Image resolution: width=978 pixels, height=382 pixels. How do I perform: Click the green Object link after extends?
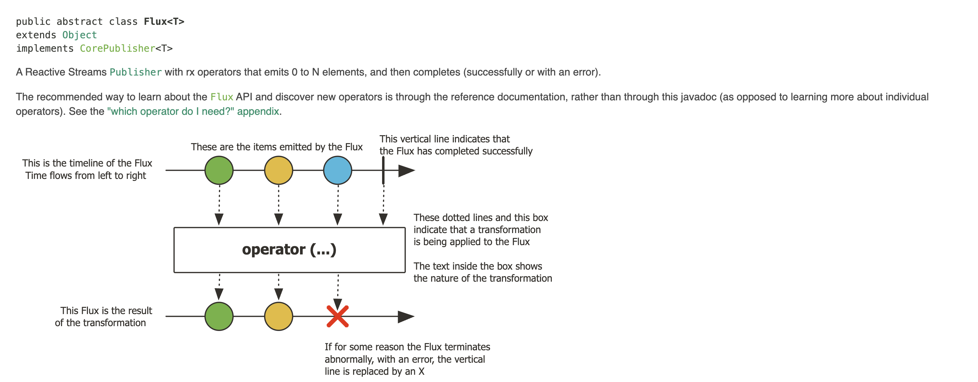(x=79, y=35)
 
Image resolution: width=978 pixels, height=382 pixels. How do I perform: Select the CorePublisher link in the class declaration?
(x=117, y=49)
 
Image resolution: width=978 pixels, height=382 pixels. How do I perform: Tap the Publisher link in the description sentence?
(x=136, y=72)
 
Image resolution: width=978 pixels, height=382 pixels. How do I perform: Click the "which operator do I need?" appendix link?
(x=193, y=111)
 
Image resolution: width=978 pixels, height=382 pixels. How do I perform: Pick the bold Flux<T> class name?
(x=164, y=22)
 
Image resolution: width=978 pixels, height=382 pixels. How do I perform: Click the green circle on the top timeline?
(x=219, y=170)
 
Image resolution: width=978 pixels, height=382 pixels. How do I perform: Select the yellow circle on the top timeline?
(x=278, y=170)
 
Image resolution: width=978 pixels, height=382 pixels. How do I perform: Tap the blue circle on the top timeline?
(x=338, y=170)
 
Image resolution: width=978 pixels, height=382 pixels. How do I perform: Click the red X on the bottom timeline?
(x=338, y=316)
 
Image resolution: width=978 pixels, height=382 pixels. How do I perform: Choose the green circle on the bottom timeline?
(x=219, y=316)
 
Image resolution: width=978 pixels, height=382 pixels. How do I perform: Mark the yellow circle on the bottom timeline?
(x=278, y=316)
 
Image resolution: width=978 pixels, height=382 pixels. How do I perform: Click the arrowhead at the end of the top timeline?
(x=406, y=171)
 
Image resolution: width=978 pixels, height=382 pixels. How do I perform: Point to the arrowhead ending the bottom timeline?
(x=406, y=316)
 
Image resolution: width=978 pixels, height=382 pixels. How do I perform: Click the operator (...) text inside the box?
(x=289, y=250)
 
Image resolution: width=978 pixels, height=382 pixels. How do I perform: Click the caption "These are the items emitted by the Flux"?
(x=276, y=147)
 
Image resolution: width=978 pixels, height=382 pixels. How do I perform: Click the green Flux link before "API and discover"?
(x=222, y=97)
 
